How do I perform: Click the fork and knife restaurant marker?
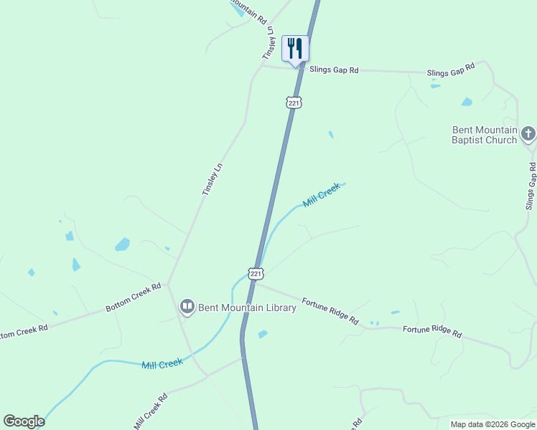pos(295,49)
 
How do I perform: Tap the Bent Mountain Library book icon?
pos(187,307)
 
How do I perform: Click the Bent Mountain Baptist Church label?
pos(485,135)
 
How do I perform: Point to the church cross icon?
pos(528,133)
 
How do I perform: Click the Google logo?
pos(24,421)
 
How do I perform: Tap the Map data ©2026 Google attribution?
pos(492,424)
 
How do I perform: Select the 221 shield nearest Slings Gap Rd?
pos(294,102)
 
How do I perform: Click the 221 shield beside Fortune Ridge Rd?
pos(256,274)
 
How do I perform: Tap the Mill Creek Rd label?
pos(150,411)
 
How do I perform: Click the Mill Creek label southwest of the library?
pos(162,364)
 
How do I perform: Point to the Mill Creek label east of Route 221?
pos(321,195)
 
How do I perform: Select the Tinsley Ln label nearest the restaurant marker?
pos(270,43)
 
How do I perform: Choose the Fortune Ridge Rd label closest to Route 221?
pos(330,312)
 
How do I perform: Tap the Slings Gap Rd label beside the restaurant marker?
pos(334,70)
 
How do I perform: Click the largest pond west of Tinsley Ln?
pos(122,244)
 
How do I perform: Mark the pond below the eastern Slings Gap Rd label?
pos(467,102)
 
